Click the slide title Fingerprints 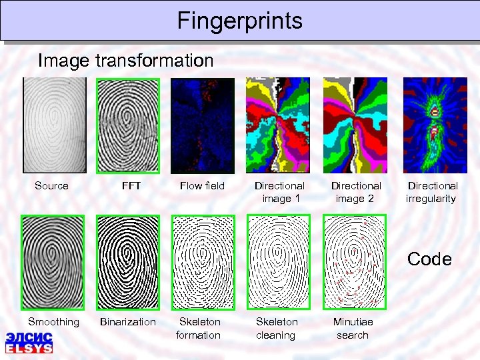pyautogui.click(x=240, y=21)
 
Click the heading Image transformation pyautogui.click(x=126, y=61)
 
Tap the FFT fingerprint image pyautogui.click(x=128, y=126)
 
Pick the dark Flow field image pyautogui.click(x=203, y=126)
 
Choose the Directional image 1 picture pyautogui.click(x=277, y=126)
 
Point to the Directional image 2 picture pyautogui.click(x=354, y=126)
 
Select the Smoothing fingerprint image pyautogui.click(x=53, y=262)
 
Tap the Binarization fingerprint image pyautogui.click(x=128, y=262)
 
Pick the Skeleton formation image pyautogui.click(x=203, y=262)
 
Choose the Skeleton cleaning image pyautogui.click(x=278, y=262)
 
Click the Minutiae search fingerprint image pyautogui.click(x=354, y=262)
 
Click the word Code pyautogui.click(x=429, y=259)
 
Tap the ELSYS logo pyautogui.click(x=29, y=342)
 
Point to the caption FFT pyautogui.click(x=131, y=186)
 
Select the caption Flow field pyautogui.click(x=202, y=186)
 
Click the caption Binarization pyautogui.click(x=127, y=322)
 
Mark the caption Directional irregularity pyautogui.click(x=432, y=192)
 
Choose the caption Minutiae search pyautogui.click(x=353, y=328)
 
